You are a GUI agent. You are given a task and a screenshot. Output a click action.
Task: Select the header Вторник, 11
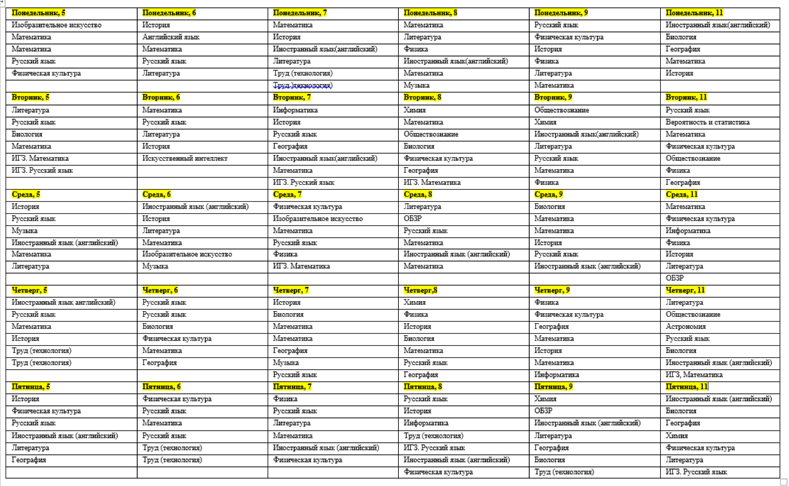[x=686, y=97]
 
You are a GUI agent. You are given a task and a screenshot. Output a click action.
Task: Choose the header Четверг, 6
[x=160, y=290]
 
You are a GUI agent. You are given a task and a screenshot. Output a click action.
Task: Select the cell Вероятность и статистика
[x=707, y=122]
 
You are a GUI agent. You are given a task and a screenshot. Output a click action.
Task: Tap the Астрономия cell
[x=685, y=326]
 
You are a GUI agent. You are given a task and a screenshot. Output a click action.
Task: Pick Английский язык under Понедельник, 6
[x=170, y=37]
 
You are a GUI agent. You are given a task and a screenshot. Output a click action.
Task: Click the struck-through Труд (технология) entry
[x=303, y=85]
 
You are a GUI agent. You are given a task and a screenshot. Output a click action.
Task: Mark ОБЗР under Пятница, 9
[x=543, y=411]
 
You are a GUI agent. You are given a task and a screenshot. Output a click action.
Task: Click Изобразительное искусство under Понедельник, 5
[x=56, y=25]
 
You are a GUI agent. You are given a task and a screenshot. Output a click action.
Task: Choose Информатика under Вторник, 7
[x=295, y=110]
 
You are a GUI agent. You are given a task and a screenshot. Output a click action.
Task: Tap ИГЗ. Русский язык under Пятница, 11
[x=696, y=472]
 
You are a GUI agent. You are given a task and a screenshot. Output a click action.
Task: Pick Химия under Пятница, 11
[x=676, y=436]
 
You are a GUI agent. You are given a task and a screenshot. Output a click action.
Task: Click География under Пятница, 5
[x=29, y=460]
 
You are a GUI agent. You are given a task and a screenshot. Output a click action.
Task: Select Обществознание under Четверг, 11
[x=692, y=314]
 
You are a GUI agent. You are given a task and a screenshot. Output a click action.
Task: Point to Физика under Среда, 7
[x=285, y=254]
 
